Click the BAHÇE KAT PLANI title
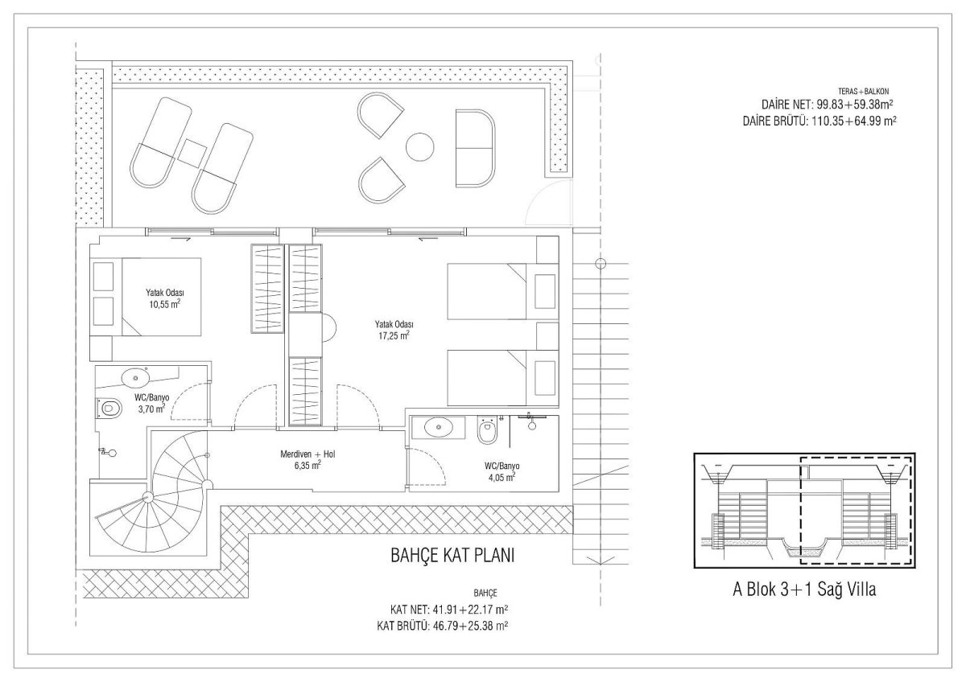pyautogui.click(x=452, y=556)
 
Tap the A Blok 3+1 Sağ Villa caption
pyautogui.click(x=804, y=590)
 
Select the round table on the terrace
pyautogui.click(x=419, y=147)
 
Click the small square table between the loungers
pyautogui.click(x=192, y=154)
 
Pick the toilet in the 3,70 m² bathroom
pyautogui.click(x=108, y=408)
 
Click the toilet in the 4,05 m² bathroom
pyautogui.click(x=487, y=430)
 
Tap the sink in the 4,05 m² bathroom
pyautogui.click(x=438, y=427)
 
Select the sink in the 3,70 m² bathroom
pyautogui.click(x=135, y=378)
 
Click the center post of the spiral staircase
pyautogui.click(x=148, y=498)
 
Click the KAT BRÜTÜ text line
pyautogui.click(x=442, y=626)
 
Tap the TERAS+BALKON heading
pyautogui.click(x=863, y=92)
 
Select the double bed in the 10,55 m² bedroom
pyautogui.click(x=161, y=297)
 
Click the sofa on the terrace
pyautogui.click(x=475, y=149)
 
